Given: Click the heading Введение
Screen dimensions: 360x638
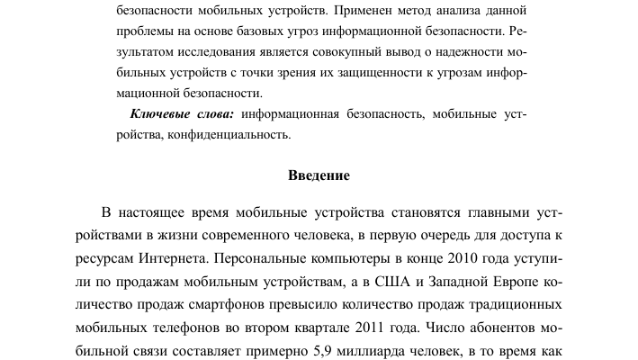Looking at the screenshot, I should pos(319,175).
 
